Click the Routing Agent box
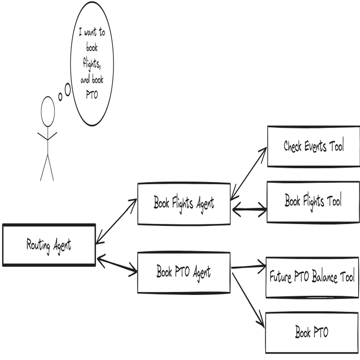[x=49, y=245]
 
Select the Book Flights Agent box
[x=184, y=203]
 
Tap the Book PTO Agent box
[x=184, y=272]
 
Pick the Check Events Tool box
[x=314, y=146]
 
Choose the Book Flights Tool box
[x=313, y=202]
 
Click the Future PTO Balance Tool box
[x=312, y=277]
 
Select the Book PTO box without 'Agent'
[x=312, y=333]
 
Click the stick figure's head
[x=47, y=111]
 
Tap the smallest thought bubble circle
[x=60, y=97]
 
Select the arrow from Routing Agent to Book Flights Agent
[x=116, y=221]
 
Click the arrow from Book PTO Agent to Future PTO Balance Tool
[x=248, y=267]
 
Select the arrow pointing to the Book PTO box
[x=247, y=300]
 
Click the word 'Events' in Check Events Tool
[x=315, y=146]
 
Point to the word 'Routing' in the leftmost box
[x=38, y=245]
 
